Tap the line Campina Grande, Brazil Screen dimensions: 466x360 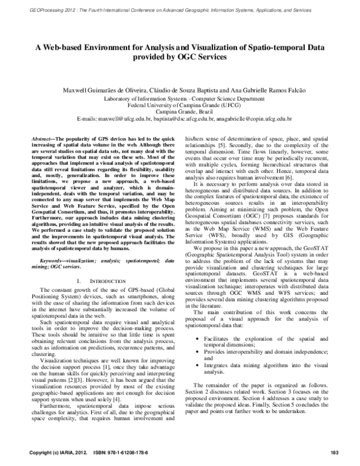[180, 112]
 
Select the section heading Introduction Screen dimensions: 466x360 [95, 281]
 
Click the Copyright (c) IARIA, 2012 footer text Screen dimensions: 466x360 [56, 452]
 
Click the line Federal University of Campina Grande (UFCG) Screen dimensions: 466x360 [180, 104]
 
